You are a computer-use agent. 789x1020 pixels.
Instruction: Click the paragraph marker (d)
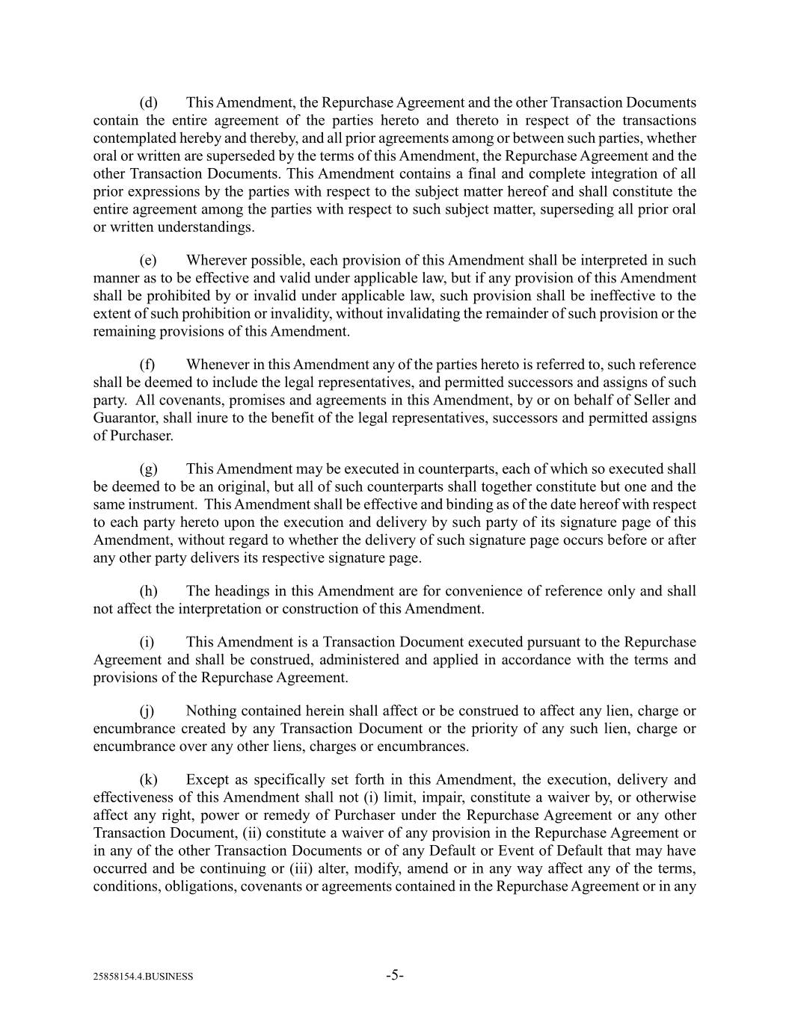pyautogui.click(x=148, y=103)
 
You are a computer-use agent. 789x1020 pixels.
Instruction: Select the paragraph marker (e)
pyautogui.click(x=148, y=261)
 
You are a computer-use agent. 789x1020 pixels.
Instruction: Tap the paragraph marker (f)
pyautogui.click(x=147, y=365)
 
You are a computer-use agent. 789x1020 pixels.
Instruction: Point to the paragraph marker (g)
pyautogui.click(x=148, y=469)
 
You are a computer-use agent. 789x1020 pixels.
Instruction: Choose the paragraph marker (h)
pyautogui.click(x=148, y=591)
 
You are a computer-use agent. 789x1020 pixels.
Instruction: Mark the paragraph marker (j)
pyautogui.click(x=147, y=711)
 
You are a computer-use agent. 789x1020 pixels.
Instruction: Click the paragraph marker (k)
pyautogui.click(x=148, y=780)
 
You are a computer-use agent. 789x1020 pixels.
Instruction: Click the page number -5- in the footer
pyautogui.click(x=395, y=974)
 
